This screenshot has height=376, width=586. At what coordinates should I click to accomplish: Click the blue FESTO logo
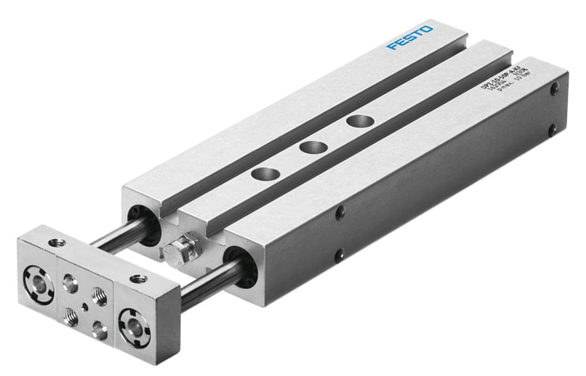click(410, 37)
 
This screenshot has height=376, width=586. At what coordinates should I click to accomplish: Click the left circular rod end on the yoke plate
click(38, 278)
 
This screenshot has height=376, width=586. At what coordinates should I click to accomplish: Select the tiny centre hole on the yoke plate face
click(84, 304)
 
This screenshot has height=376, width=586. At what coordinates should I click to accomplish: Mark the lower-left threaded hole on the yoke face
click(71, 317)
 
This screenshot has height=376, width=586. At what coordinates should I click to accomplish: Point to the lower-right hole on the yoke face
click(100, 329)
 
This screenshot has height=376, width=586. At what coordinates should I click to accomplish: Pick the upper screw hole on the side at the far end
click(554, 88)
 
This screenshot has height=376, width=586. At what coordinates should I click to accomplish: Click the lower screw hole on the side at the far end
click(552, 130)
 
